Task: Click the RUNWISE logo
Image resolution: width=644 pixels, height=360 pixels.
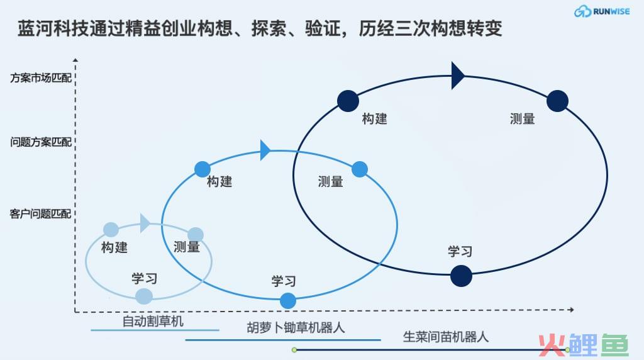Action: (602, 11)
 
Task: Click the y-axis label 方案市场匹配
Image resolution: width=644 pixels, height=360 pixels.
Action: (41, 78)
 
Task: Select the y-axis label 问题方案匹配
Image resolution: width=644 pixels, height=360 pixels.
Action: (41, 142)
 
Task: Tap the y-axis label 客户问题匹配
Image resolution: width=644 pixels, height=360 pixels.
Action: (40, 214)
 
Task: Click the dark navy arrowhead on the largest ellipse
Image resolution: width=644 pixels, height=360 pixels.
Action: (458, 76)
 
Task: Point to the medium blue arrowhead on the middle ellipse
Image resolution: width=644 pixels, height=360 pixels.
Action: (265, 150)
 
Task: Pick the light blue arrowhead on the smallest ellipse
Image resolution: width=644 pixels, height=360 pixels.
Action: (145, 223)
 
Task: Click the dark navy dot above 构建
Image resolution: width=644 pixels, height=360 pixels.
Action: (348, 101)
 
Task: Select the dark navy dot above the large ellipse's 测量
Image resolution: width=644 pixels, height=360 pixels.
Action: (557, 101)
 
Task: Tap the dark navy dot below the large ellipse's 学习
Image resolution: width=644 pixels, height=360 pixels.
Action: (461, 276)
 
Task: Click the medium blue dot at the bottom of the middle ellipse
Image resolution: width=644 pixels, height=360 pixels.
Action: (288, 301)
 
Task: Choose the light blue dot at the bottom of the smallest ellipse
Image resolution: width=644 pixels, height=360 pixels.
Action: (144, 296)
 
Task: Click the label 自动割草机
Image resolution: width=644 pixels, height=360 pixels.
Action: (153, 321)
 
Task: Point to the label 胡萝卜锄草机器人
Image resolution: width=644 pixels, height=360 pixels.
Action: (296, 327)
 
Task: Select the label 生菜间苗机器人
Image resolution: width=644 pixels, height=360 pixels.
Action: (446, 337)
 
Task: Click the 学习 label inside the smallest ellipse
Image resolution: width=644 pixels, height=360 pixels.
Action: (145, 278)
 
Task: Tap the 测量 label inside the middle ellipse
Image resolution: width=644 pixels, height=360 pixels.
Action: (331, 181)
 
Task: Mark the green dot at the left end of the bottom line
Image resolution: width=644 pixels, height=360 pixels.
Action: (294, 350)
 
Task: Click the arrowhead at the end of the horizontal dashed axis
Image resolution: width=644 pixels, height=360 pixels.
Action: (571, 310)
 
